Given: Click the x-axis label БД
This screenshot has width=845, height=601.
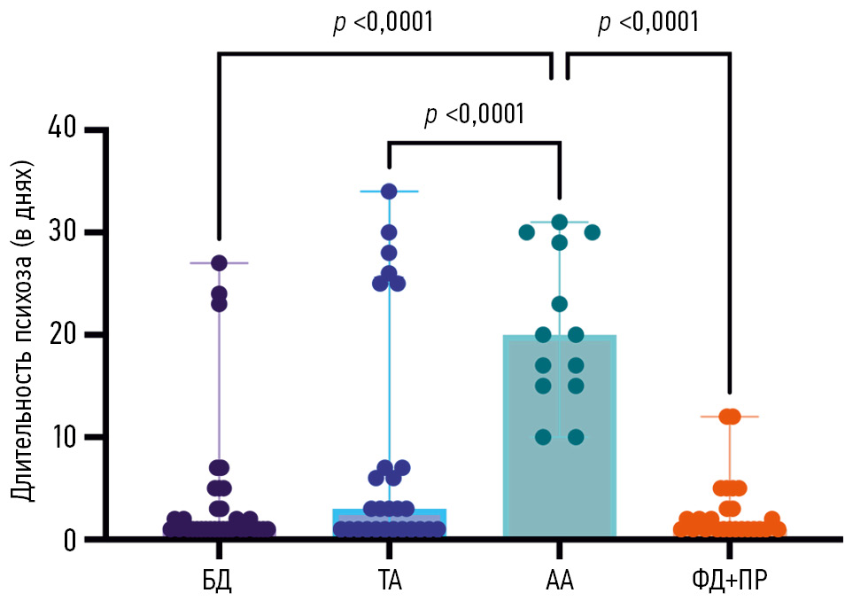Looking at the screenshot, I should coord(218,581).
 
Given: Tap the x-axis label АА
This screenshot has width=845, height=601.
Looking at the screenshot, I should coord(559,581).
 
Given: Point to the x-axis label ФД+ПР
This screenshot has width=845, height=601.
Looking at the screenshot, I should coord(730,581).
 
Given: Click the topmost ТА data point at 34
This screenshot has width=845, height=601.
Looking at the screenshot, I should coord(389,191).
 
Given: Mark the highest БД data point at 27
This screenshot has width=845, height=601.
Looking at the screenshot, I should coord(219,262).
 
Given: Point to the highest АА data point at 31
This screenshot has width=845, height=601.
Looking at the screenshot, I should coord(559,222).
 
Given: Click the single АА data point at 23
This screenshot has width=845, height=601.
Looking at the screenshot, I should coord(559,304).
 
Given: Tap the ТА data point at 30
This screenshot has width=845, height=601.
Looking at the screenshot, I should coord(389,232).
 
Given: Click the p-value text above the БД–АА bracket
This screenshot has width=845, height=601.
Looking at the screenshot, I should coord(383,24).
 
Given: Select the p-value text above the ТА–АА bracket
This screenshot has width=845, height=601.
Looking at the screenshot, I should coord(475,114).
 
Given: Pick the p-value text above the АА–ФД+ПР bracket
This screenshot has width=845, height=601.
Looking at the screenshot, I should coord(648,24).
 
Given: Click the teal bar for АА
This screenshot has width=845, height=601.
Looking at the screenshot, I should coord(559,470).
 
